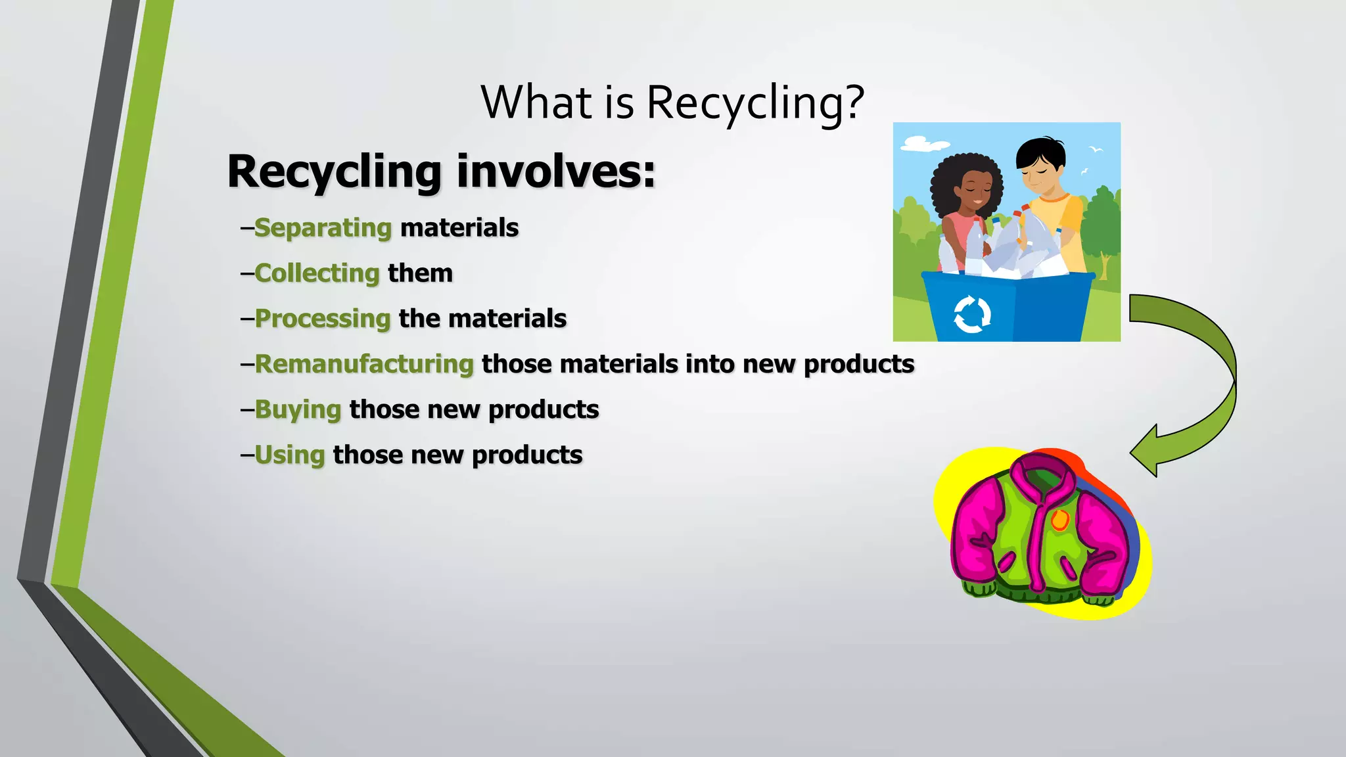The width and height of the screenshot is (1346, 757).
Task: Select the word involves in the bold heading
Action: click(x=555, y=172)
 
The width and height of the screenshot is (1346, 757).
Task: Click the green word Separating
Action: click(x=323, y=228)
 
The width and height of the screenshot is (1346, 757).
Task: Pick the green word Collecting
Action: click(x=317, y=273)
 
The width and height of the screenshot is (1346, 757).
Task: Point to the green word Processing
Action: click(x=323, y=319)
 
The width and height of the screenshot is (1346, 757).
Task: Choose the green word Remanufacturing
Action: click(x=364, y=364)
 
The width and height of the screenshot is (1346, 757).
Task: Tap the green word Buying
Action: click(x=298, y=409)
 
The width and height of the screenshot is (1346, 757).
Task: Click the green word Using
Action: click(x=290, y=455)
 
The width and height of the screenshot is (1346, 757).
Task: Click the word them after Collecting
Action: click(x=420, y=273)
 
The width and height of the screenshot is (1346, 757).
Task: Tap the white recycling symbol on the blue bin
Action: click(x=972, y=315)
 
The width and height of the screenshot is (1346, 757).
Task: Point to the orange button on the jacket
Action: click(x=1059, y=520)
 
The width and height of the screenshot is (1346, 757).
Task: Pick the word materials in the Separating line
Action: click(x=459, y=228)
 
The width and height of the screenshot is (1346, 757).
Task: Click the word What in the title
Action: click(x=537, y=103)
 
